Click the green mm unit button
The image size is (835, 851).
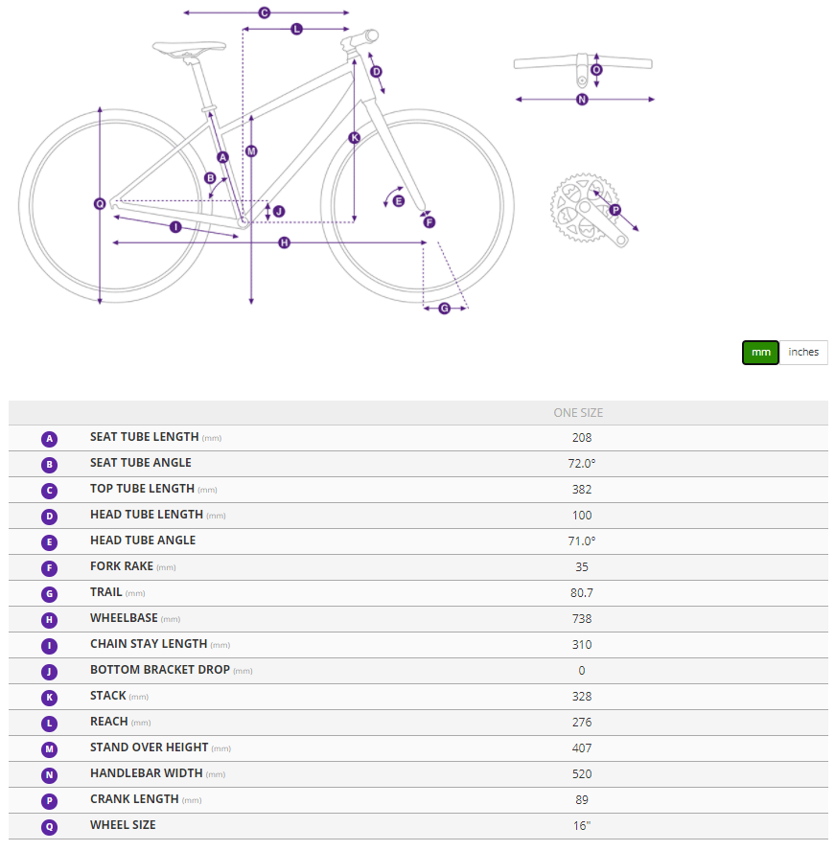tap(760, 353)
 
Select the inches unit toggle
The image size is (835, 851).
tap(803, 353)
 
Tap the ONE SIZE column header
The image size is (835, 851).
tap(578, 413)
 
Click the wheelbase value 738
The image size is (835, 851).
tap(582, 619)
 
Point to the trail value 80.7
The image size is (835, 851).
tap(582, 592)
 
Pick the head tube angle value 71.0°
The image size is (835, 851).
tap(582, 541)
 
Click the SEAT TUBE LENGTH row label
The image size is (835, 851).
tap(145, 437)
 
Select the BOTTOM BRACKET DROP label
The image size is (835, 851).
tap(159, 670)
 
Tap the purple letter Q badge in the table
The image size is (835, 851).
tap(50, 827)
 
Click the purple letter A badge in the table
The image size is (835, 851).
tap(50, 439)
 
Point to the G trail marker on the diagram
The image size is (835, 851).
tap(444, 309)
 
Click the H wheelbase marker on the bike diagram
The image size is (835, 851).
tap(284, 242)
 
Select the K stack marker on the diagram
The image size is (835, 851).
tap(354, 137)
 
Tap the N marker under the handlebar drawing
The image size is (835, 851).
tap(582, 100)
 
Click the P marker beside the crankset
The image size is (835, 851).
tap(615, 210)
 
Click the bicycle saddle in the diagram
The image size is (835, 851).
tap(189, 48)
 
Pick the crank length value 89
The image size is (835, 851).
tap(582, 800)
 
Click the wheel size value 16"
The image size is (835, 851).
tap(582, 825)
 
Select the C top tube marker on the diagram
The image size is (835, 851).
tap(265, 12)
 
